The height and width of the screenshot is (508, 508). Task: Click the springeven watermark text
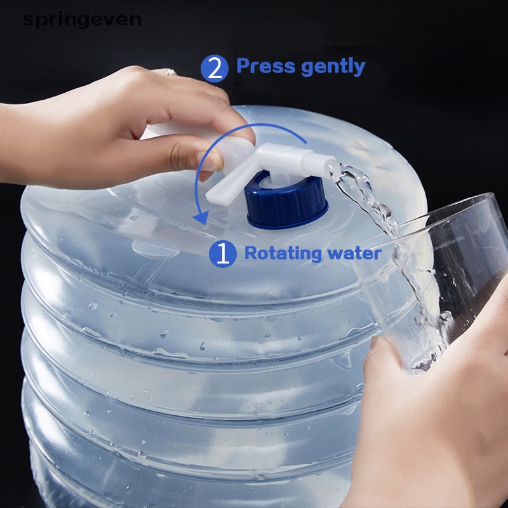(82, 19)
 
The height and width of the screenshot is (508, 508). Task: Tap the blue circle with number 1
(223, 254)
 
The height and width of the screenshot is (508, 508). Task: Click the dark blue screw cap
(287, 202)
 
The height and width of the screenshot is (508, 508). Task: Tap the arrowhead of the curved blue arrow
(201, 217)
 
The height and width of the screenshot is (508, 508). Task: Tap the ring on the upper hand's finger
(170, 72)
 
